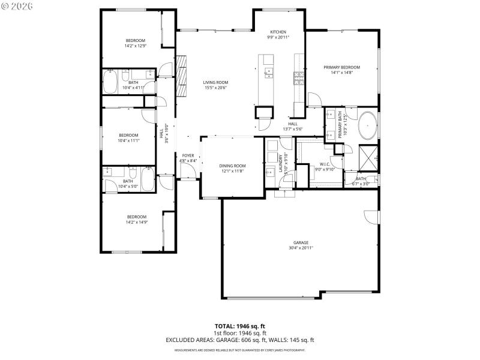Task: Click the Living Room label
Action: pyautogui.click(x=215, y=83)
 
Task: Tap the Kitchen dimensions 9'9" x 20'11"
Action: pyautogui.click(x=278, y=37)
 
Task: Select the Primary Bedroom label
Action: pyautogui.click(x=341, y=67)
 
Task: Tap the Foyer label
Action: pyautogui.click(x=188, y=155)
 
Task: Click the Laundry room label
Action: pyautogui.click(x=281, y=164)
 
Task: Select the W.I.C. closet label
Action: pyautogui.click(x=325, y=164)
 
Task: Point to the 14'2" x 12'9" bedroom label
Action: pyautogui.click(x=135, y=41)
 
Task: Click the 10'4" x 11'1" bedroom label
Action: pyautogui.click(x=128, y=135)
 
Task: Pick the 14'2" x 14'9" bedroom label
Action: pyautogui.click(x=136, y=217)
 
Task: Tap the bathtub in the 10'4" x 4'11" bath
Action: pyautogui.click(x=110, y=82)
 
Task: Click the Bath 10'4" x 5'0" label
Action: pyautogui.click(x=128, y=181)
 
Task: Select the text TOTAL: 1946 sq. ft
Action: pyautogui.click(x=240, y=326)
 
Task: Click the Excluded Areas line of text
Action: pyautogui.click(x=240, y=340)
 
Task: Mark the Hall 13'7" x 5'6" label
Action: pyautogui.click(x=293, y=124)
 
